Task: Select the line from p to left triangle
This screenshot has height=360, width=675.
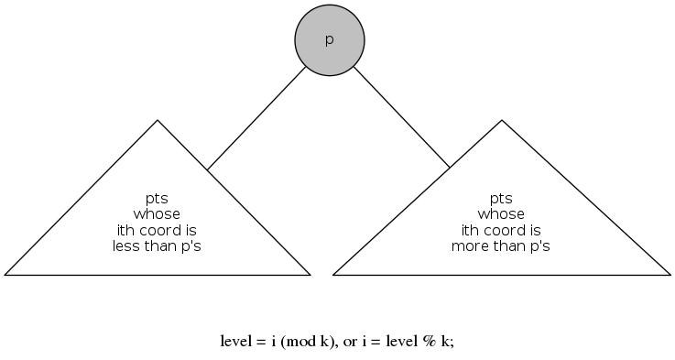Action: [x=256, y=118]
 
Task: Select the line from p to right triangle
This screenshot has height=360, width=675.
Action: [x=401, y=117]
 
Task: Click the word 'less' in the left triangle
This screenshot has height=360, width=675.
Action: [x=125, y=245]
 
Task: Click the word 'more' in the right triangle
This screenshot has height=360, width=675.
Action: [x=470, y=245]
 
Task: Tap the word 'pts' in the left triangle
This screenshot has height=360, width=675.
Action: [x=157, y=199]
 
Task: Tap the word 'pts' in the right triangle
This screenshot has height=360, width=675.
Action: [x=501, y=199]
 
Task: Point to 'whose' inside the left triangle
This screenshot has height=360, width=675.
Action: [x=157, y=214]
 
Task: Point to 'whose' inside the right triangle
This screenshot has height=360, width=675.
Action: [x=501, y=214]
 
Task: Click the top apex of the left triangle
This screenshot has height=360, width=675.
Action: [x=158, y=121]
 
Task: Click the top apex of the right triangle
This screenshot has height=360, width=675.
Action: [x=502, y=121]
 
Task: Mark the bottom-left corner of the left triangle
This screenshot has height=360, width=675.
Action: [x=5, y=274]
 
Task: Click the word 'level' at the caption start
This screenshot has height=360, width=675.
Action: [x=236, y=342]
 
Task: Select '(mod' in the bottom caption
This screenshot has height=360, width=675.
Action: [x=297, y=342]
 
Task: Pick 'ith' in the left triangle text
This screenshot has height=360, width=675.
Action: [x=125, y=230]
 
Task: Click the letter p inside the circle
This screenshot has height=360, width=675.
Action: [x=330, y=41]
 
